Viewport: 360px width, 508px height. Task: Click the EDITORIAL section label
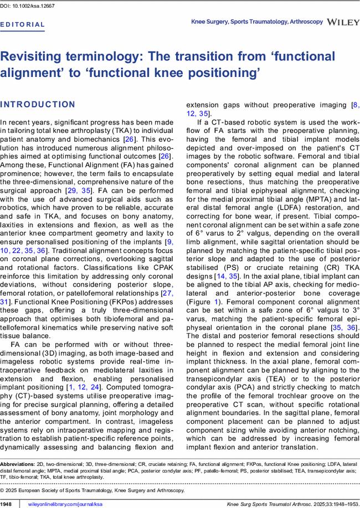point(23,25)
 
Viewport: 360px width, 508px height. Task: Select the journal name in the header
point(256,22)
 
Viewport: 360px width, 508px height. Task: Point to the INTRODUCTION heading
point(38,105)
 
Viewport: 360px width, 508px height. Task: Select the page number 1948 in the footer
point(6,504)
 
